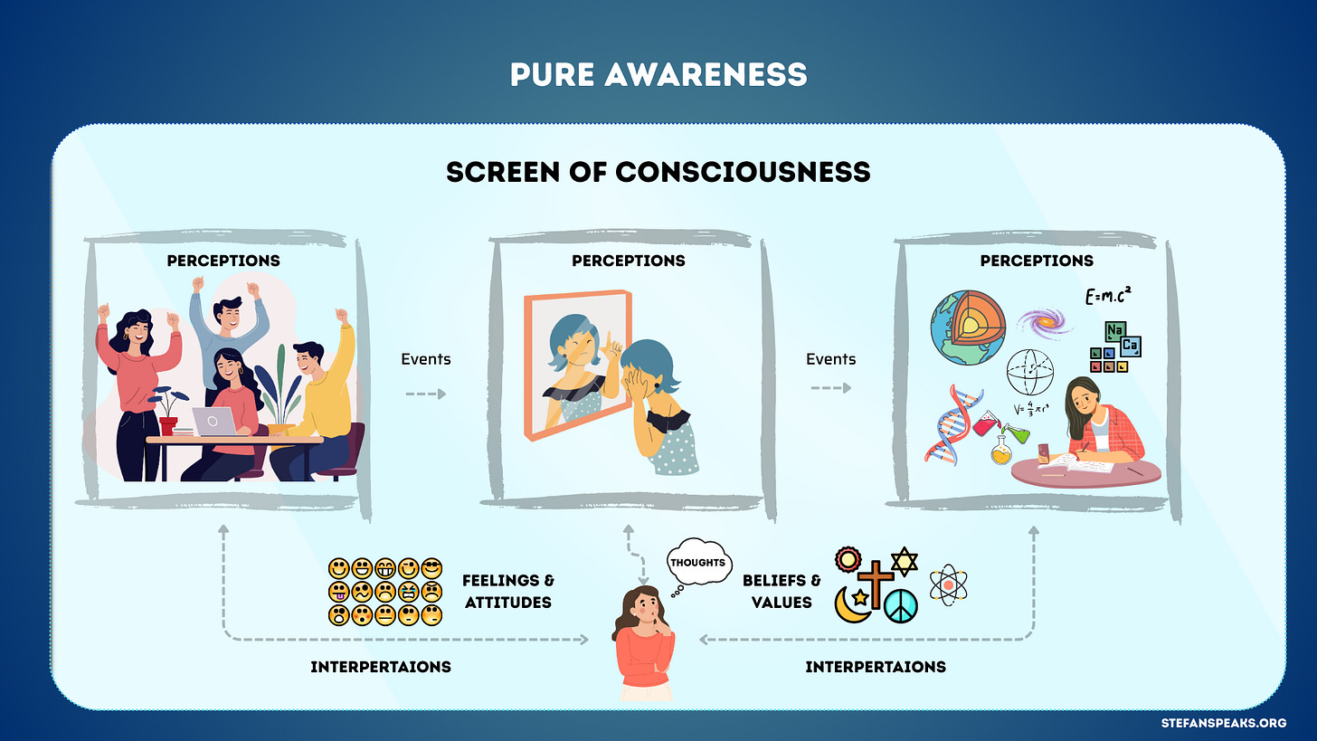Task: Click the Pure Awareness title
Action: click(x=658, y=75)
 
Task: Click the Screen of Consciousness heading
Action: click(x=658, y=171)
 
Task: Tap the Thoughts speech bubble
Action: click(x=697, y=562)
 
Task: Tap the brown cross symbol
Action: click(x=875, y=584)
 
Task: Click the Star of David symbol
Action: click(x=905, y=561)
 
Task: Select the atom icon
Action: click(x=949, y=584)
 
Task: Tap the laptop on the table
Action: click(x=213, y=421)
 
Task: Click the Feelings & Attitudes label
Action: click(x=507, y=591)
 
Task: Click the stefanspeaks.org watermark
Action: click(x=1236, y=723)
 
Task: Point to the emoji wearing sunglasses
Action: click(x=431, y=569)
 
